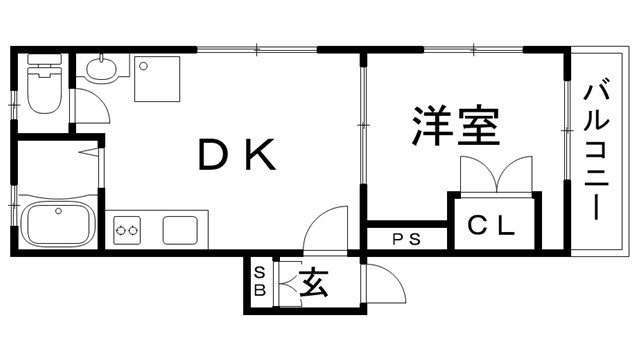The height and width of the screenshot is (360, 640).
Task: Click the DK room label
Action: tap(237, 155)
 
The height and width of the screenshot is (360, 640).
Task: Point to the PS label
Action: tap(405, 239)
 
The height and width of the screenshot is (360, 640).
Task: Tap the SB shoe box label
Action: tap(259, 282)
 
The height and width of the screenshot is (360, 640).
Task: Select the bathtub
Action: tap(56, 223)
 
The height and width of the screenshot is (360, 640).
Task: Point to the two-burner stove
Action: tap(128, 231)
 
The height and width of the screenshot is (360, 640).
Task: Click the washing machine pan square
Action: tap(157, 78)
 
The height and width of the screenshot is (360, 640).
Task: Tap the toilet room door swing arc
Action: tap(90, 105)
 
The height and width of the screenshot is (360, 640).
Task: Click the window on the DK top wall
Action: tap(257, 48)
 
